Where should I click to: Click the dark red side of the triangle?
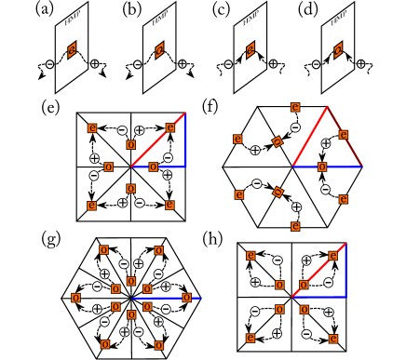345,138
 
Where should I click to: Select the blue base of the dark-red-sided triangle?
327,167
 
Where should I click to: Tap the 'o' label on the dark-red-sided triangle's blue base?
322,167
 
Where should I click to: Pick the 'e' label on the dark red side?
344,135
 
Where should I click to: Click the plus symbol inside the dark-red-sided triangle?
326,143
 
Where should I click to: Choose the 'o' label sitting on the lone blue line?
186,298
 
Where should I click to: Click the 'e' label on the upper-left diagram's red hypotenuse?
169,127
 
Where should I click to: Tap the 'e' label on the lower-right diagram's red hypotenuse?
332,256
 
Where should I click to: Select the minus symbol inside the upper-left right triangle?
168,157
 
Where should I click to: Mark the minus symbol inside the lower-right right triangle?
328,282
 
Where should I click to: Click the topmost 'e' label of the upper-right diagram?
295,107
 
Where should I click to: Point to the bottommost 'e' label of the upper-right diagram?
295,226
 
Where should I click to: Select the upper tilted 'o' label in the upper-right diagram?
277,141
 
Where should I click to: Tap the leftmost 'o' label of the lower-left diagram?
75,298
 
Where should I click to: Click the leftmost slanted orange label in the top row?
72,49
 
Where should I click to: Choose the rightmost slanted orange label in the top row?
338,49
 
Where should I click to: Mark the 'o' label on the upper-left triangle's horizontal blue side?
153,167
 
